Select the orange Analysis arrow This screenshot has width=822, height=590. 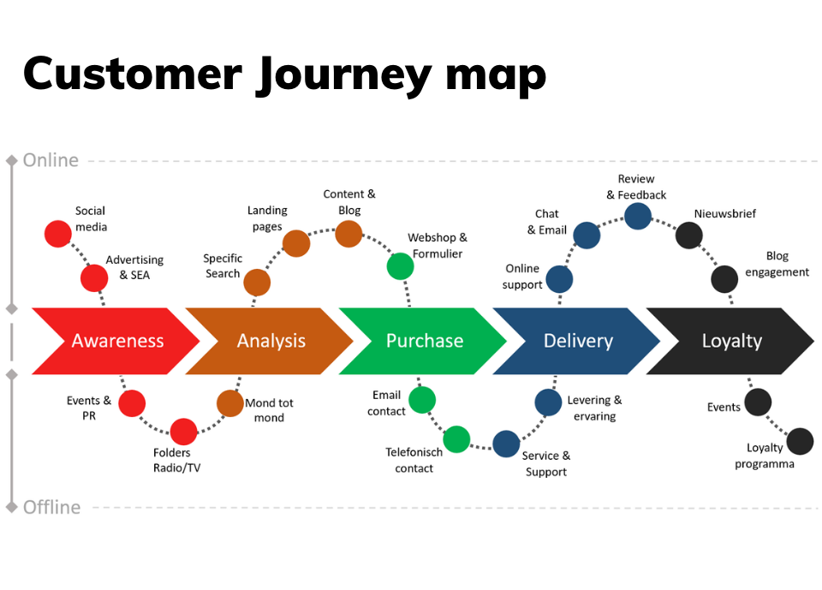coord(271,341)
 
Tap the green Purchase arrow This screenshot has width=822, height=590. coord(424,341)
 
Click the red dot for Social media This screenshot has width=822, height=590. coord(57,234)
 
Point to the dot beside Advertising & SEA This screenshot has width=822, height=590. coord(94,277)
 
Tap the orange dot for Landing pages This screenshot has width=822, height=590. coord(295,243)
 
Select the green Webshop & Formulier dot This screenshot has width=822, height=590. coord(400,266)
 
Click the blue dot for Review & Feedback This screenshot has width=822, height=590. coord(637,216)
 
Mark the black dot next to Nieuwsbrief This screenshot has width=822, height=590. coord(689,235)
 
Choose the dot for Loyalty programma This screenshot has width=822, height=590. coord(800,442)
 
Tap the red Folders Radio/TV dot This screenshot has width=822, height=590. coord(183,432)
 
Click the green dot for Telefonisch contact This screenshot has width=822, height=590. coord(457,439)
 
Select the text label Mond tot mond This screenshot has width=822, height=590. coord(269,410)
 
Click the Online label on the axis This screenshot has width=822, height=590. coord(51,160)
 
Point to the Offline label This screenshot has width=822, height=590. coord(52,507)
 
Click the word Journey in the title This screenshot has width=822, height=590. coord(343,74)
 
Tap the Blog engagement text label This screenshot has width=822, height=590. coord(777,264)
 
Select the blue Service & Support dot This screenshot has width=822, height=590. coord(506,444)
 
